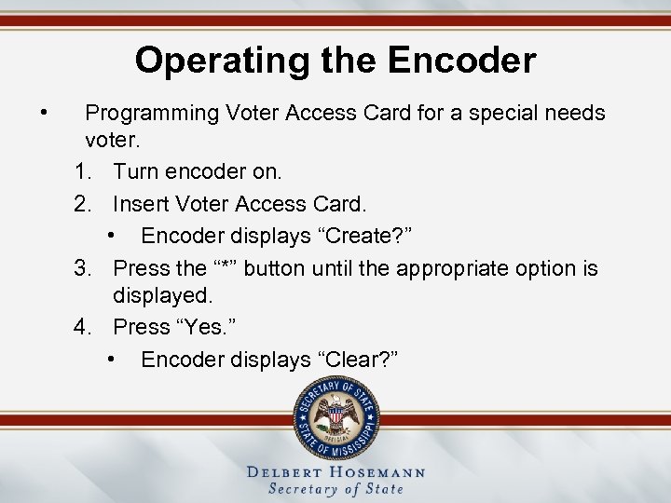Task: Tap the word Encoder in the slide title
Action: point(463,61)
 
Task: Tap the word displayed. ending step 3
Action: point(163,296)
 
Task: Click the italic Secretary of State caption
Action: point(335,489)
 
